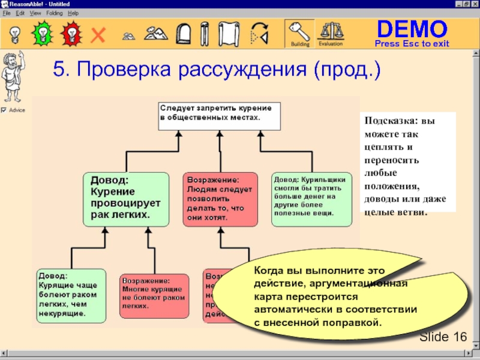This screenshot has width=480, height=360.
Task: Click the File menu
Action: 6,13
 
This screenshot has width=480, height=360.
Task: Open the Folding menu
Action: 54,13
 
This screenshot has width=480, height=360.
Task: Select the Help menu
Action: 73,13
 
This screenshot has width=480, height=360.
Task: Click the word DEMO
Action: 412,28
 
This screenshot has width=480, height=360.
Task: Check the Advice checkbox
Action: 4,110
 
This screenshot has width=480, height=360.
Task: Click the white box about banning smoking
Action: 219,116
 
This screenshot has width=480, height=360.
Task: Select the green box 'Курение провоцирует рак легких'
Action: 125,199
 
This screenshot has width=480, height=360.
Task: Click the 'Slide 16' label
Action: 443,337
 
